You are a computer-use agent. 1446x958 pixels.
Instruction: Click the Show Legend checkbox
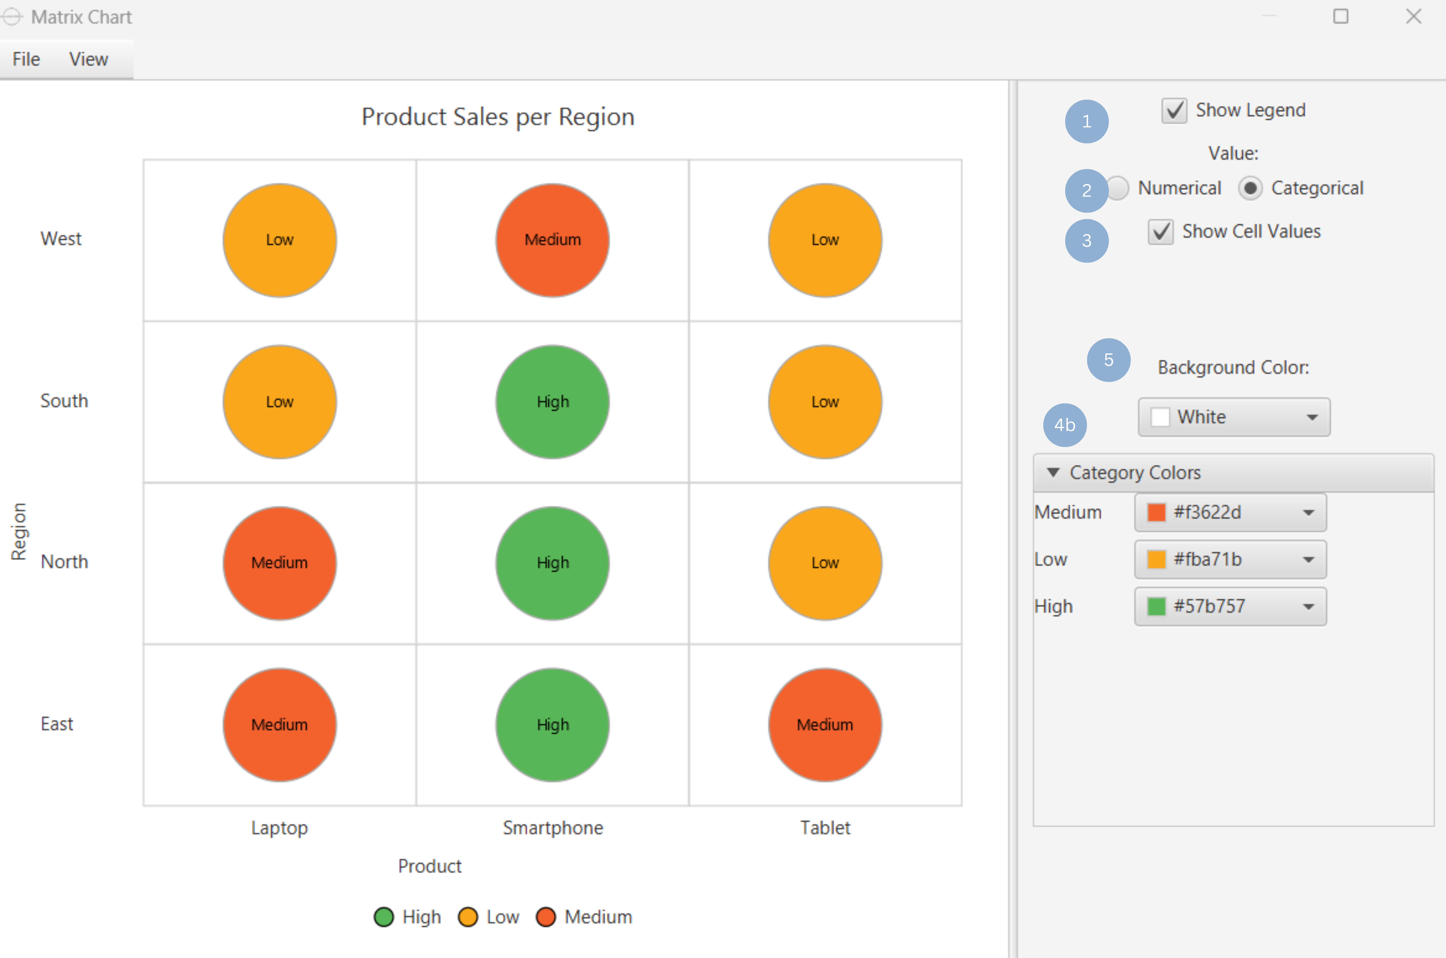click(x=1174, y=111)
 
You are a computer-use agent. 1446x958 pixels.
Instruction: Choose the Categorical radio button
click(x=1250, y=188)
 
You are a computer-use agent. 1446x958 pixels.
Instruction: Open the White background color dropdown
click(x=1233, y=417)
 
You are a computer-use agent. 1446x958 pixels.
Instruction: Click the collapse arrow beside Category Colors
click(x=1053, y=472)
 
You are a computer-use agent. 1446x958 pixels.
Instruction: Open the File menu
click(x=26, y=59)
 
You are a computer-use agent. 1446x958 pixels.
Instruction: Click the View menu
click(x=89, y=59)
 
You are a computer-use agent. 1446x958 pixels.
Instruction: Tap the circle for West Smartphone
click(x=552, y=240)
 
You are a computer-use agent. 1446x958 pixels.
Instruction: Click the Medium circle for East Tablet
click(x=825, y=725)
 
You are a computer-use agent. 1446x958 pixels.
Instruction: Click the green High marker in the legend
click(x=384, y=917)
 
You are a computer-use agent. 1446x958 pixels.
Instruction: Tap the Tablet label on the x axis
click(x=825, y=828)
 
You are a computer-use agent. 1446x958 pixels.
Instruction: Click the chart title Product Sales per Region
click(x=498, y=117)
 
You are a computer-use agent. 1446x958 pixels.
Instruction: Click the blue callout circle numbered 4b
click(x=1064, y=425)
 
